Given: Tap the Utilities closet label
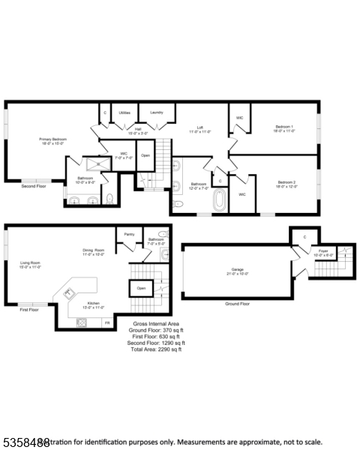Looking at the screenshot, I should [124, 112].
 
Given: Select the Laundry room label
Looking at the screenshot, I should [157, 112].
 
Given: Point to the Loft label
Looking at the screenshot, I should [201, 130].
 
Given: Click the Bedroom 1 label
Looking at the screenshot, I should [284, 129].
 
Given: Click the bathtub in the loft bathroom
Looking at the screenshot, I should [220, 200].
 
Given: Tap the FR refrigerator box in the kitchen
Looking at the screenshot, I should [106, 322].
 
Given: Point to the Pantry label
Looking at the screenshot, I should [129, 234].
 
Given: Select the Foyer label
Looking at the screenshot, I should [322, 252].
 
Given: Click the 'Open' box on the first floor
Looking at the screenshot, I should [140, 287].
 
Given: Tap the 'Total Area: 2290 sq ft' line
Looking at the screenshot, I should [155, 349].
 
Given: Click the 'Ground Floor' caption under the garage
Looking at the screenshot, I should [237, 304].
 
